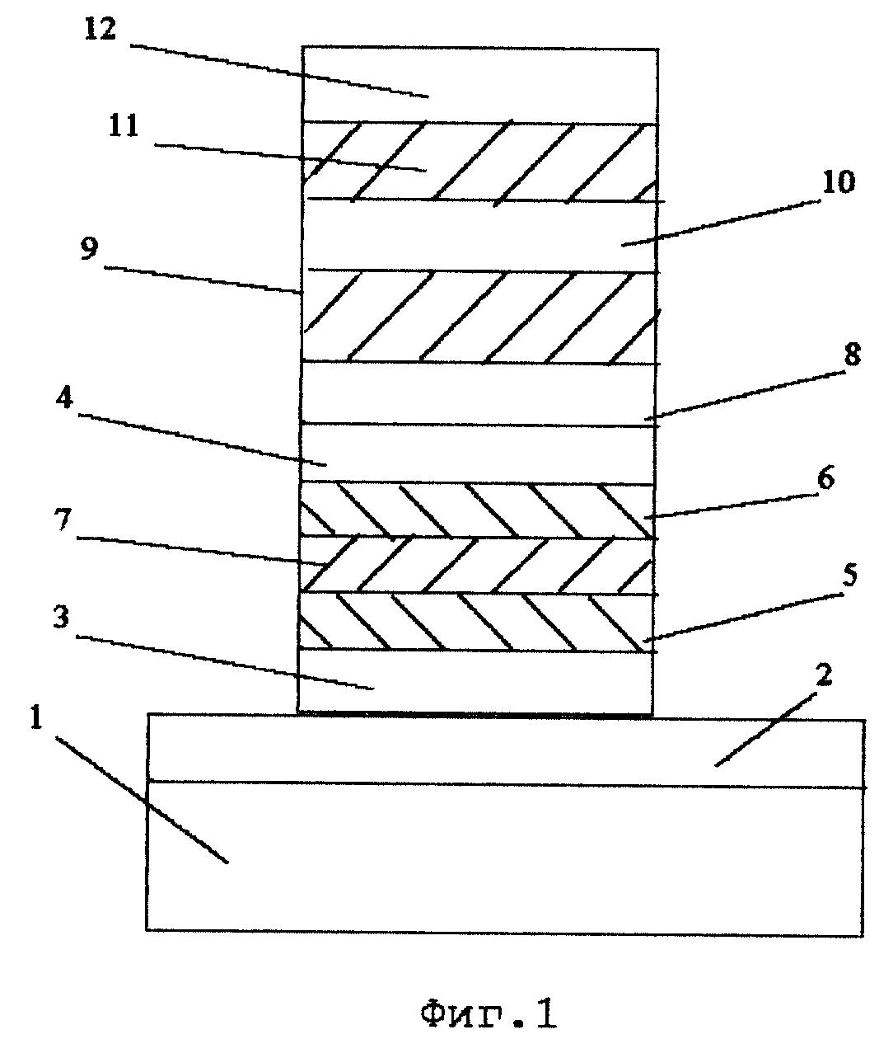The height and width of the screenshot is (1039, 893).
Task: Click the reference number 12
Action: (x=101, y=28)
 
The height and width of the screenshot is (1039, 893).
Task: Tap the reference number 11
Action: (x=124, y=125)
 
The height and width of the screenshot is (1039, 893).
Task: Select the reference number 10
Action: (x=838, y=182)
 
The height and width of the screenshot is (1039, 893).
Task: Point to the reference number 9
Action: (x=90, y=249)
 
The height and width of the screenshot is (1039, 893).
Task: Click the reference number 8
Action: (x=852, y=355)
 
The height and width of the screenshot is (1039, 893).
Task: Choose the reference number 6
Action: (x=825, y=478)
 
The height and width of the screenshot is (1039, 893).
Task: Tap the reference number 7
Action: (x=63, y=519)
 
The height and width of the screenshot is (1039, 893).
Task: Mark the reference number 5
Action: (x=849, y=575)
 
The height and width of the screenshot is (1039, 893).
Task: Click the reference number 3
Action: (x=61, y=617)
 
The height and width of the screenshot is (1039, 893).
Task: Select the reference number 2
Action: (x=824, y=675)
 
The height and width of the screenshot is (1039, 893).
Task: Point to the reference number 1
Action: (x=36, y=717)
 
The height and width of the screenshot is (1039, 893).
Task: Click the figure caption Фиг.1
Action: (x=489, y=1010)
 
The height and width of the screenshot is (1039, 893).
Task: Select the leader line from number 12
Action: (x=280, y=70)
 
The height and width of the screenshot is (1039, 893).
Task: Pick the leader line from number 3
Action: (x=225, y=662)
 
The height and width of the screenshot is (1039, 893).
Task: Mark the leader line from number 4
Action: (x=203, y=440)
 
